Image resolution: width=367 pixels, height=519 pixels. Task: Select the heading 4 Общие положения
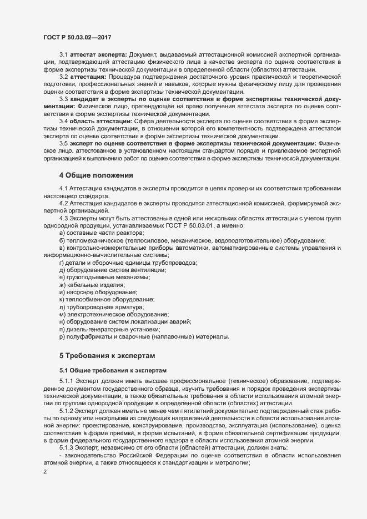pyautogui.click(x=95, y=175)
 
